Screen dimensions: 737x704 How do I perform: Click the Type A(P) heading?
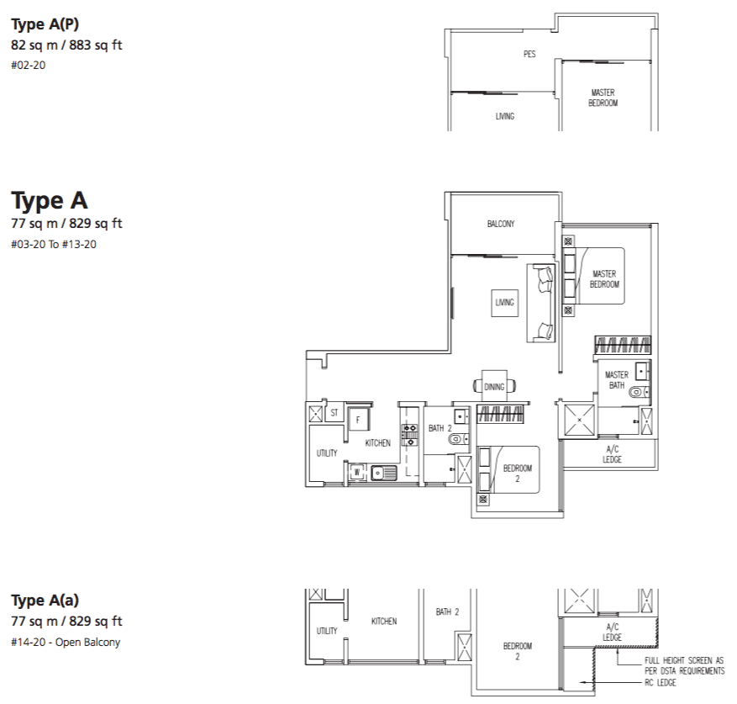[x=45, y=24]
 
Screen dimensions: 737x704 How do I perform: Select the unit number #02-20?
[x=29, y=65]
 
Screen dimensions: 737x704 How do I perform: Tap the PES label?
[x=529, y=54]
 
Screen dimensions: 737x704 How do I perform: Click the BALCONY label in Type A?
[x=501, y=224]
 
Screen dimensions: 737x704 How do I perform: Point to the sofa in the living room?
[x=541, y=303]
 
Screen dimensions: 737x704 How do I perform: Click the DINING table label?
[x=494, y=387]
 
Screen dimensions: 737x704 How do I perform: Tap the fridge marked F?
[x=359, y=420]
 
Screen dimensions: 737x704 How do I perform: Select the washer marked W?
[x=357, y=472]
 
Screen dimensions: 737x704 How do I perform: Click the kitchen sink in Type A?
[x=383, y=473]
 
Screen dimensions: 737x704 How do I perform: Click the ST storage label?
[x=334, y=413]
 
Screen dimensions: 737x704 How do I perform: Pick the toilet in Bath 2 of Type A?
[x=457, y=440]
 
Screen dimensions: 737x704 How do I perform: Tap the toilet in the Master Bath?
[x=638, y=391]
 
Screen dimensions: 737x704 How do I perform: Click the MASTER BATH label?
[x=616, y=380]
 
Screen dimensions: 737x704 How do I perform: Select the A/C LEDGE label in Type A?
[x=612, y=454]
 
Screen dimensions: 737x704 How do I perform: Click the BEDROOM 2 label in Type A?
[x=518, y=474]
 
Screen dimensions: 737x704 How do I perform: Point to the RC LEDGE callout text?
[x=660, y=682]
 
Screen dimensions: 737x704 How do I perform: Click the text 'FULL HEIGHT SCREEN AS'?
[x=684, y=660]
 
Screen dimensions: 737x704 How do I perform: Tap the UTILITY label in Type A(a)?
[x=327, y=631]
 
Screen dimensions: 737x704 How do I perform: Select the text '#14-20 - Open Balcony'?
[x=66, y=643]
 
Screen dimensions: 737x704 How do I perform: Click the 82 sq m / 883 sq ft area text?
[x=66, y=45]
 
